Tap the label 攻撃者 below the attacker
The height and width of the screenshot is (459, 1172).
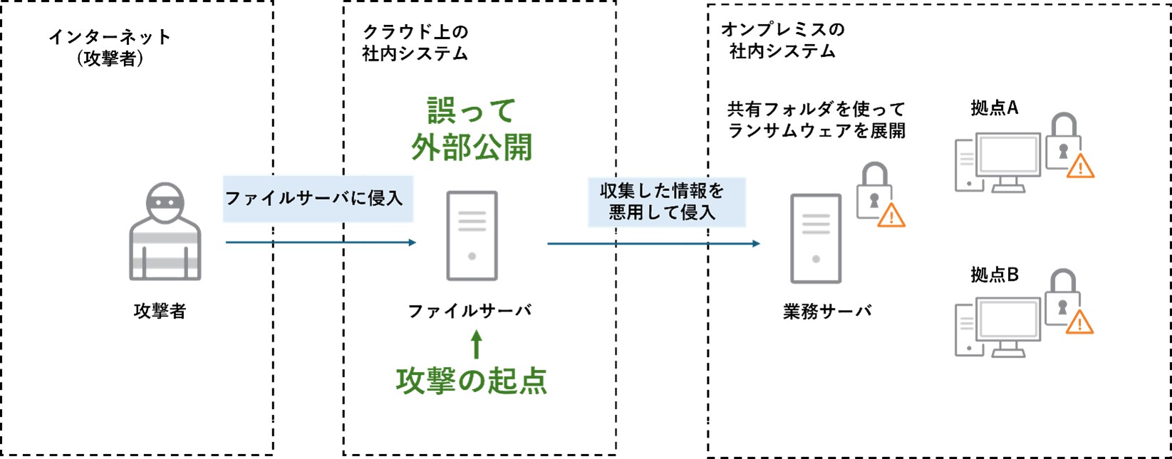160,311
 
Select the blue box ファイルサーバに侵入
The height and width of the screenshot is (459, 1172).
317,198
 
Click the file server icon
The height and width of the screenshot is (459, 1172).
472,236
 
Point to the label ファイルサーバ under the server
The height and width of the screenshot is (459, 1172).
470,311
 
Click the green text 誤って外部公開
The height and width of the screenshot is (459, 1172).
472,129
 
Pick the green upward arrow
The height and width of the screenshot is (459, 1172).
477,344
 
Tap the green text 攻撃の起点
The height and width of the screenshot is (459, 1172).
472,381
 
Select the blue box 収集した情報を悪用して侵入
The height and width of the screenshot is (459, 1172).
665,202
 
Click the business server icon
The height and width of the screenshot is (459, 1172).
816,239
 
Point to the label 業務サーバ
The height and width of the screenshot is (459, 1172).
827,311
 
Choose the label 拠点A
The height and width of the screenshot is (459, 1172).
995,108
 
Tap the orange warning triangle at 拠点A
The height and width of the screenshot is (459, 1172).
1080,166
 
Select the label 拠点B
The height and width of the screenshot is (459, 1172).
995,274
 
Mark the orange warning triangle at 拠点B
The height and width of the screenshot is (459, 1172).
1080,323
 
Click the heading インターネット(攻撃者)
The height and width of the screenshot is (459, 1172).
110,47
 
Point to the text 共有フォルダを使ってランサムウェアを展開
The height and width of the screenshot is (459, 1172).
816,120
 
